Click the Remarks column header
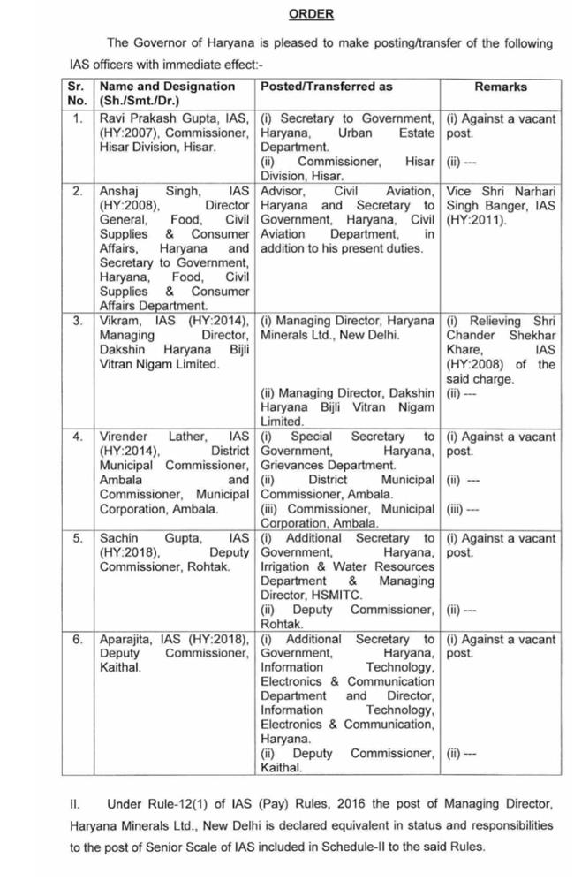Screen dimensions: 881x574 point(500,87)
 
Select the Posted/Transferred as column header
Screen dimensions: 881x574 point(326,87)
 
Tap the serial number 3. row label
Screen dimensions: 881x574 point(78,320)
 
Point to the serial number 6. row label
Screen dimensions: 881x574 point(78,639)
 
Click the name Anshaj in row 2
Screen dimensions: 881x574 point(121,191)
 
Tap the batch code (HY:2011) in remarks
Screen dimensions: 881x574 point(477,219)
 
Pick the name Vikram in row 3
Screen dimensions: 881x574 point(118,320)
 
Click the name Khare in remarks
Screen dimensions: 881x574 point(464,350)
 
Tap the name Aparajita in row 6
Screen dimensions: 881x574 point(130,639)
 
